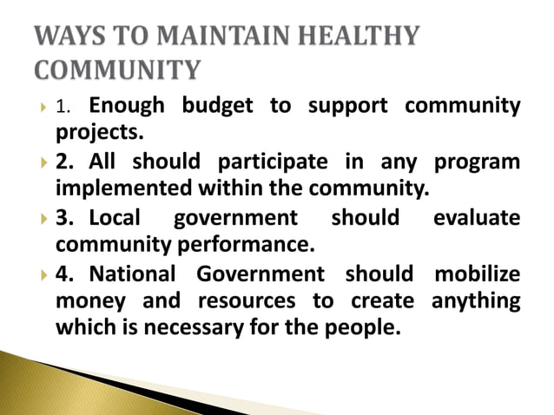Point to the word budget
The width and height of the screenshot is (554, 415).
click(216, 107)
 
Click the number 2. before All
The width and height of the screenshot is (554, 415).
click(65, 163)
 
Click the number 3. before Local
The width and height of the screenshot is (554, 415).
click(65, 218)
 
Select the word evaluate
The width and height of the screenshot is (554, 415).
click(477, 218)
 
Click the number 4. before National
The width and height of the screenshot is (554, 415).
click(65, 274)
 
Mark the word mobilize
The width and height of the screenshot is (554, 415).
click(478, 274)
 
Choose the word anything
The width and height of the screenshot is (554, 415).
click(475, 301)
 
